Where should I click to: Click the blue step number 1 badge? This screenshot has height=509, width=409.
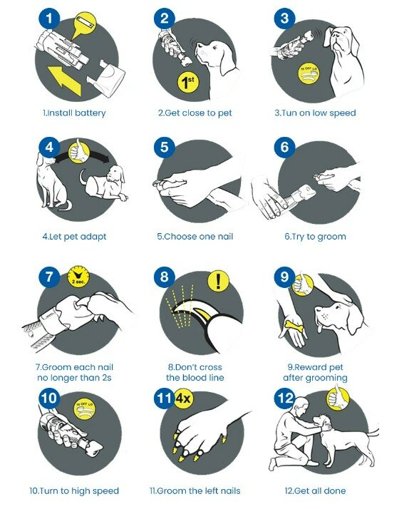[49, 18]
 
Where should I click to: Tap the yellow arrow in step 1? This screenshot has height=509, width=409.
[64, 80]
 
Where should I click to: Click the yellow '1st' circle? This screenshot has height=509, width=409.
[188, 83]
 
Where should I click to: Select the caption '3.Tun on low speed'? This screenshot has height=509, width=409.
[315, 113]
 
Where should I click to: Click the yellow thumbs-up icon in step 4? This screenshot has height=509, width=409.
[79, 150]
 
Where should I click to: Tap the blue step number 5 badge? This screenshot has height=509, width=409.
[164, 147]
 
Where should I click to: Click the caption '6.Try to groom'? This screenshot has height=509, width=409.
[315, 237]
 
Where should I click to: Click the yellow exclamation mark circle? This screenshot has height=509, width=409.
[218, 281]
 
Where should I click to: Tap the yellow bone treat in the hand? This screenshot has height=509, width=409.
[294, 326]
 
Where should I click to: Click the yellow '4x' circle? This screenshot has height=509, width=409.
[183, 398]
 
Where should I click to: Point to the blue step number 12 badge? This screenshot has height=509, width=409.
[285, 399]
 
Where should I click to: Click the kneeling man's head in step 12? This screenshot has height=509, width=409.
[302, 405]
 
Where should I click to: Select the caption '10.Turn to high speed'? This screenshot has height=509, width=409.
[74, 490]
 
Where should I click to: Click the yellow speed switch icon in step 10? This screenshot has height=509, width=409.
[86, 408]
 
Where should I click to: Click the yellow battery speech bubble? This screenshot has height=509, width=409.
[83, 25]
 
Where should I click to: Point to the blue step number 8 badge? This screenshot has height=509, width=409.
[164, 277]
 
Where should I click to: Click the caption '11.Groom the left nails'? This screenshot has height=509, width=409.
[195, 490]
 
